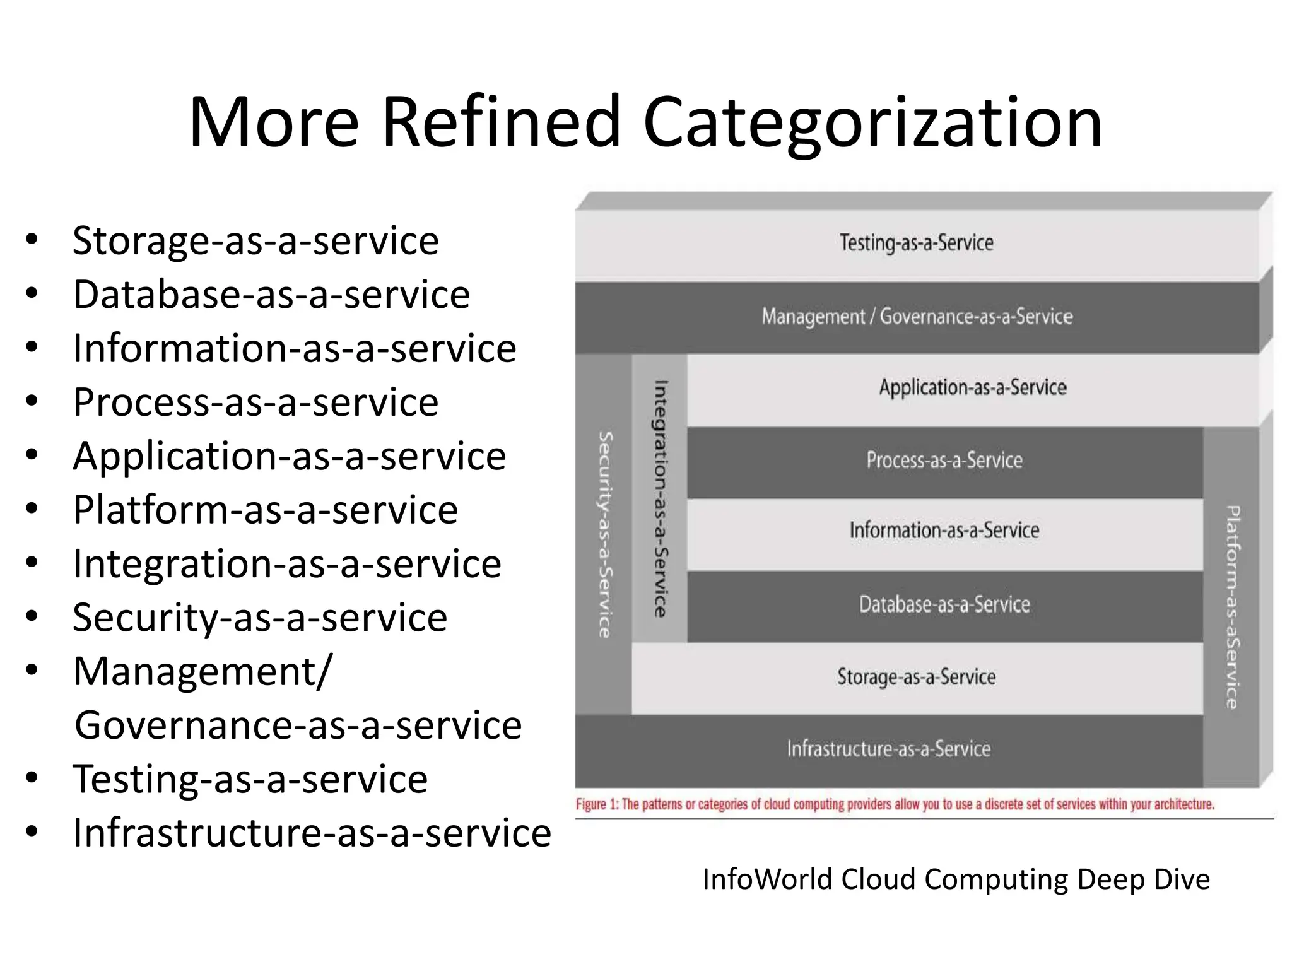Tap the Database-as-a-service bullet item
coord(271,295)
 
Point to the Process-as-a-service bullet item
coord(255,402)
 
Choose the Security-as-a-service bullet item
coord(260,617)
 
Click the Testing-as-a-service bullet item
coord(250,778)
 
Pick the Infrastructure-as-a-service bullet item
coord(312,833)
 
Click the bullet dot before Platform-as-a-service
coord(32,508)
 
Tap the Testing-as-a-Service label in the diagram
coord(916,243)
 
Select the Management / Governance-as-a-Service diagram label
coord(917,316)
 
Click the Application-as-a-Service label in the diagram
coord(973,387)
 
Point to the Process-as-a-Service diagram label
coord(944,460)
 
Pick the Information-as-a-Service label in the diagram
coord(944,531)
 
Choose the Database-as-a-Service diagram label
coord(944,604)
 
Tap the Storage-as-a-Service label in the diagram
coord(916,677)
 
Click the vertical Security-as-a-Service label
coord(604,534)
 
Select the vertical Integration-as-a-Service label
coord(660,498)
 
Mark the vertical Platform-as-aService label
coord(1232,607)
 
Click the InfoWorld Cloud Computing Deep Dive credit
coord(956,879)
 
